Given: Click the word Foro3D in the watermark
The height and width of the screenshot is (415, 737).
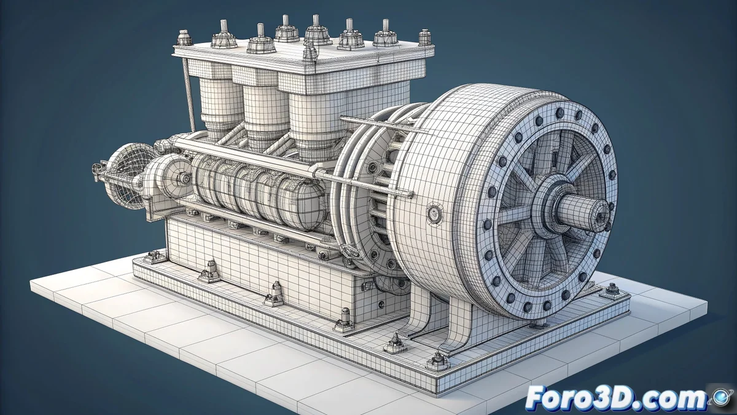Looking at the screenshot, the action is pos(582,399).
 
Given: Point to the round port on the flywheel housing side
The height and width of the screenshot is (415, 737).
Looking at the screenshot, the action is pos(435,213).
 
